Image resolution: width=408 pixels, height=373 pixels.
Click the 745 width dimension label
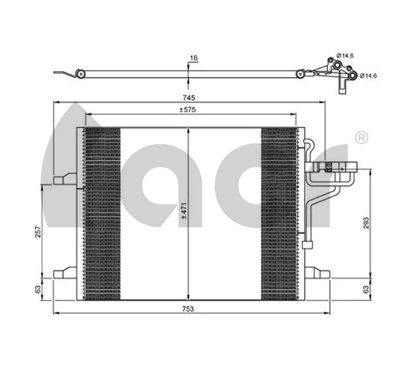(x=189, y=98)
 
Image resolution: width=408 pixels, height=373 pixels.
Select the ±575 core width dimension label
(x=187, y=110)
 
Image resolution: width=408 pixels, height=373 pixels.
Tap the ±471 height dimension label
(x=184, y=211)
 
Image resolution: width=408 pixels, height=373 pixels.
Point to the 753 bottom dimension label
(x=188, y=309)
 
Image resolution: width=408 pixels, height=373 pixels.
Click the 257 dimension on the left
(x=38, y=231)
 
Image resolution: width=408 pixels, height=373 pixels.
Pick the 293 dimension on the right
(x=366, y=223)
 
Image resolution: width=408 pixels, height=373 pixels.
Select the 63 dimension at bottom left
(x=38, y=289)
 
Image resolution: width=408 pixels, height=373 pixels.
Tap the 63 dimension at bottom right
(x=366, y=289)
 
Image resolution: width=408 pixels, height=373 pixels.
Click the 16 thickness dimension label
(x=194, y=58)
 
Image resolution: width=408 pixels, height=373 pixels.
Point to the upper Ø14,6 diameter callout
(x=345, y=56)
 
